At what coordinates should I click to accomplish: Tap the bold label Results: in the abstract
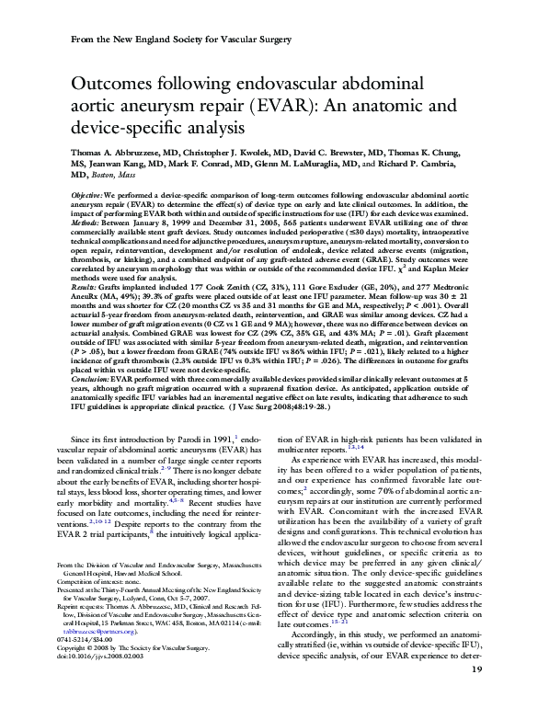click(x=86, y=288)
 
